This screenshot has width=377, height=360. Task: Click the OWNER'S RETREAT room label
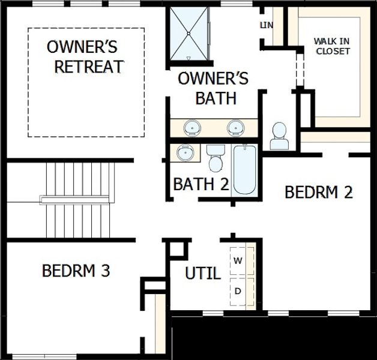tap(85, 56)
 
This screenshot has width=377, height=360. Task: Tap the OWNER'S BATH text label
tap(213, 88)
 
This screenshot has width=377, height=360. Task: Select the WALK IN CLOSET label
tap(331, 46)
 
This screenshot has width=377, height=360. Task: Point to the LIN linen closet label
tap(266, 25)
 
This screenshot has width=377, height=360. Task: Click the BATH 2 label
tap(201, 184)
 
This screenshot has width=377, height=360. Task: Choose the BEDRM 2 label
tap(318, 193)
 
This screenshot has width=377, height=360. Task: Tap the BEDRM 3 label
tap(76, 271)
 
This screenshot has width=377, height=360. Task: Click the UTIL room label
tap(202, 274)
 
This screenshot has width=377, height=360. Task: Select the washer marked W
tap(238, 261)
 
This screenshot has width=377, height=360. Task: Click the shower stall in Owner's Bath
tap(188, 34)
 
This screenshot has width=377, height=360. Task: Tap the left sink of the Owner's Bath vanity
tap(193, 128)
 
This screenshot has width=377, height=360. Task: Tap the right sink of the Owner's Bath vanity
tap(234, 128)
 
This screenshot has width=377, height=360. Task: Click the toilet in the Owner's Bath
tap(279, 137)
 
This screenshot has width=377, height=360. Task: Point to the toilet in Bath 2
tap(215, 159)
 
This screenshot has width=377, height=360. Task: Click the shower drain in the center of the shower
tap(188, 34)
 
